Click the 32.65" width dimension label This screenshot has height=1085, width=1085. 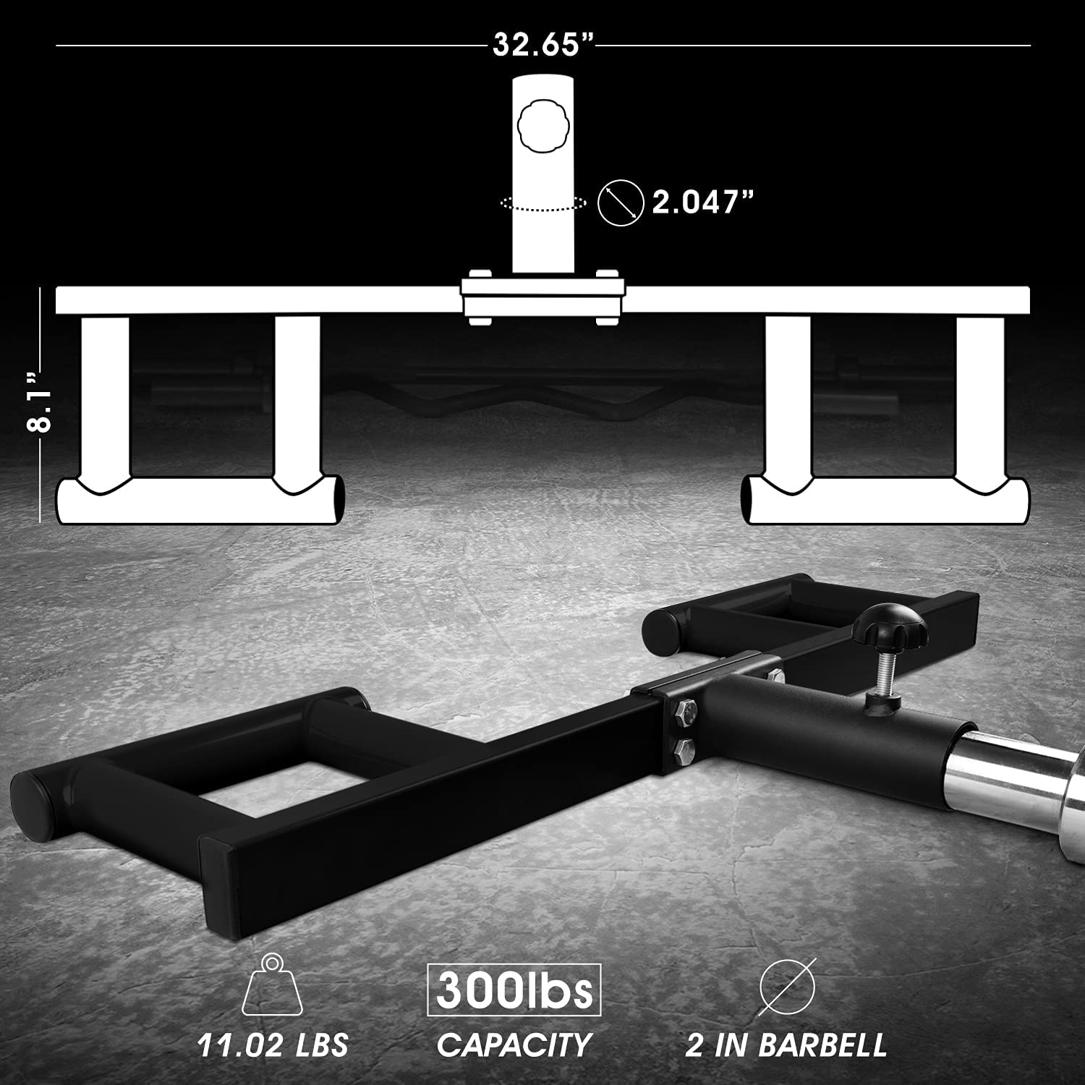[542, 45]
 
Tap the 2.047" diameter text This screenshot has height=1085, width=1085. [703, 202]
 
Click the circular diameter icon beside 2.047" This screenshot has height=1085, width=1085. [621, 202]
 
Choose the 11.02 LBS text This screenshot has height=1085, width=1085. [273, 1045]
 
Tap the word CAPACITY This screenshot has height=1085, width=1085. [514, 1045]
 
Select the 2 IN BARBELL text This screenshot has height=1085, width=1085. [786, 1045]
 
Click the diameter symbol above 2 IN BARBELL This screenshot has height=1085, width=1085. [787, 987]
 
